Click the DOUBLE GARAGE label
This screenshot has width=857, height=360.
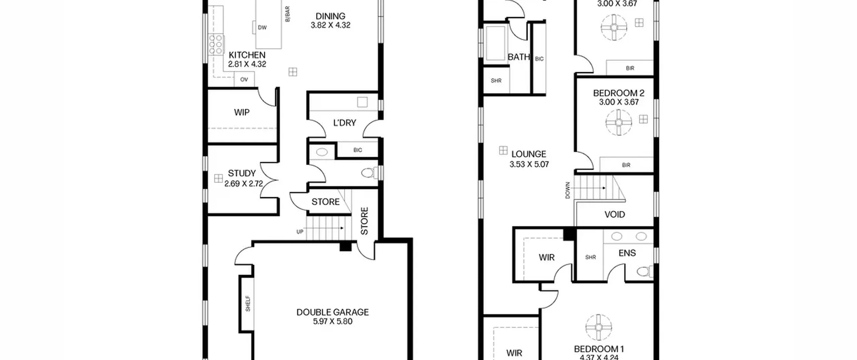click(332, 312)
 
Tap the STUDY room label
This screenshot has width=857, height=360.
click(242, 173)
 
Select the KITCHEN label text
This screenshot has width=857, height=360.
click(247, 55)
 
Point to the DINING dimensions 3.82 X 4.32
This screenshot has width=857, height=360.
click(330, 25)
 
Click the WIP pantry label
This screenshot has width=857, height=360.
click(242, 112)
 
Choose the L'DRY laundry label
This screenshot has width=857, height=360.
click(344, 123)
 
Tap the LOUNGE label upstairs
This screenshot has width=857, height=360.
click(529, 154)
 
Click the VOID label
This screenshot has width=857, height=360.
click(615, 214)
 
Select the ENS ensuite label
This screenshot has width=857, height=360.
click(627, 253)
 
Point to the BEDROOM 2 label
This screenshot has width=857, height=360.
click(619, 93)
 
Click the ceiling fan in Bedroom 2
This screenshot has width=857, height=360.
click(619, 122)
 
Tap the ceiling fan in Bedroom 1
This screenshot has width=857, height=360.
click(599, 328)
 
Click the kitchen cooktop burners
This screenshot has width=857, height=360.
click(216, 44)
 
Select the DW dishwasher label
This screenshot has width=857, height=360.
click(262, 27)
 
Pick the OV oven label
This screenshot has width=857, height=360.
click(244, 80)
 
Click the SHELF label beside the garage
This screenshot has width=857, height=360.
click(248, 303)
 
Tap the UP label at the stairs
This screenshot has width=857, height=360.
click(300, 232)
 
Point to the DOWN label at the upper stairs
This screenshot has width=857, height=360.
click(567, 190)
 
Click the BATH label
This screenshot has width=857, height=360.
click(519, 57)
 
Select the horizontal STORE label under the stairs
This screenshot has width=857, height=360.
click(325, 202)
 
